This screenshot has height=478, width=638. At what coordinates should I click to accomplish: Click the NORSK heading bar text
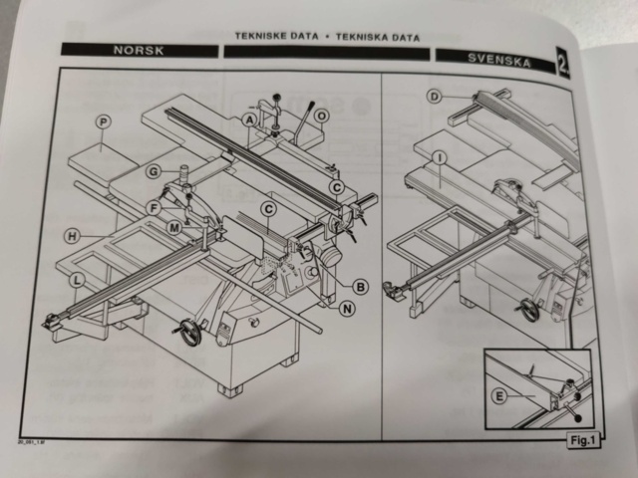[x=139, y=49]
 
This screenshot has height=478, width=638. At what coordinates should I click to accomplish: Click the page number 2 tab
[x=563, y=65]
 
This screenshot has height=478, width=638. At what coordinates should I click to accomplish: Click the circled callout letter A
[x=249, y=119]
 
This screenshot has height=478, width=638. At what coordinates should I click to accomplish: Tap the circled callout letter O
[x=321, y=116]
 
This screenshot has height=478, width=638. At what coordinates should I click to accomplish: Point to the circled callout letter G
[x=153, y=171]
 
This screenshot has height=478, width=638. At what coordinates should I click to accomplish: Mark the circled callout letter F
[x=153, y=207]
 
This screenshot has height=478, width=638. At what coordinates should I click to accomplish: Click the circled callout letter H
[x=73, y=236]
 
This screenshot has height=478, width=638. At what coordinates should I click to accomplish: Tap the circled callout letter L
[x=77, y=282]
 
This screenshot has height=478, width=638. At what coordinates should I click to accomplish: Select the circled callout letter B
[x=361, y=287]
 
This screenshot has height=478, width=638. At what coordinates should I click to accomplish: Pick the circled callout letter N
[x=347, y=309]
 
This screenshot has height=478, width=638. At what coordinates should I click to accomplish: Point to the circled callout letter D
[x=435, y=97]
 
